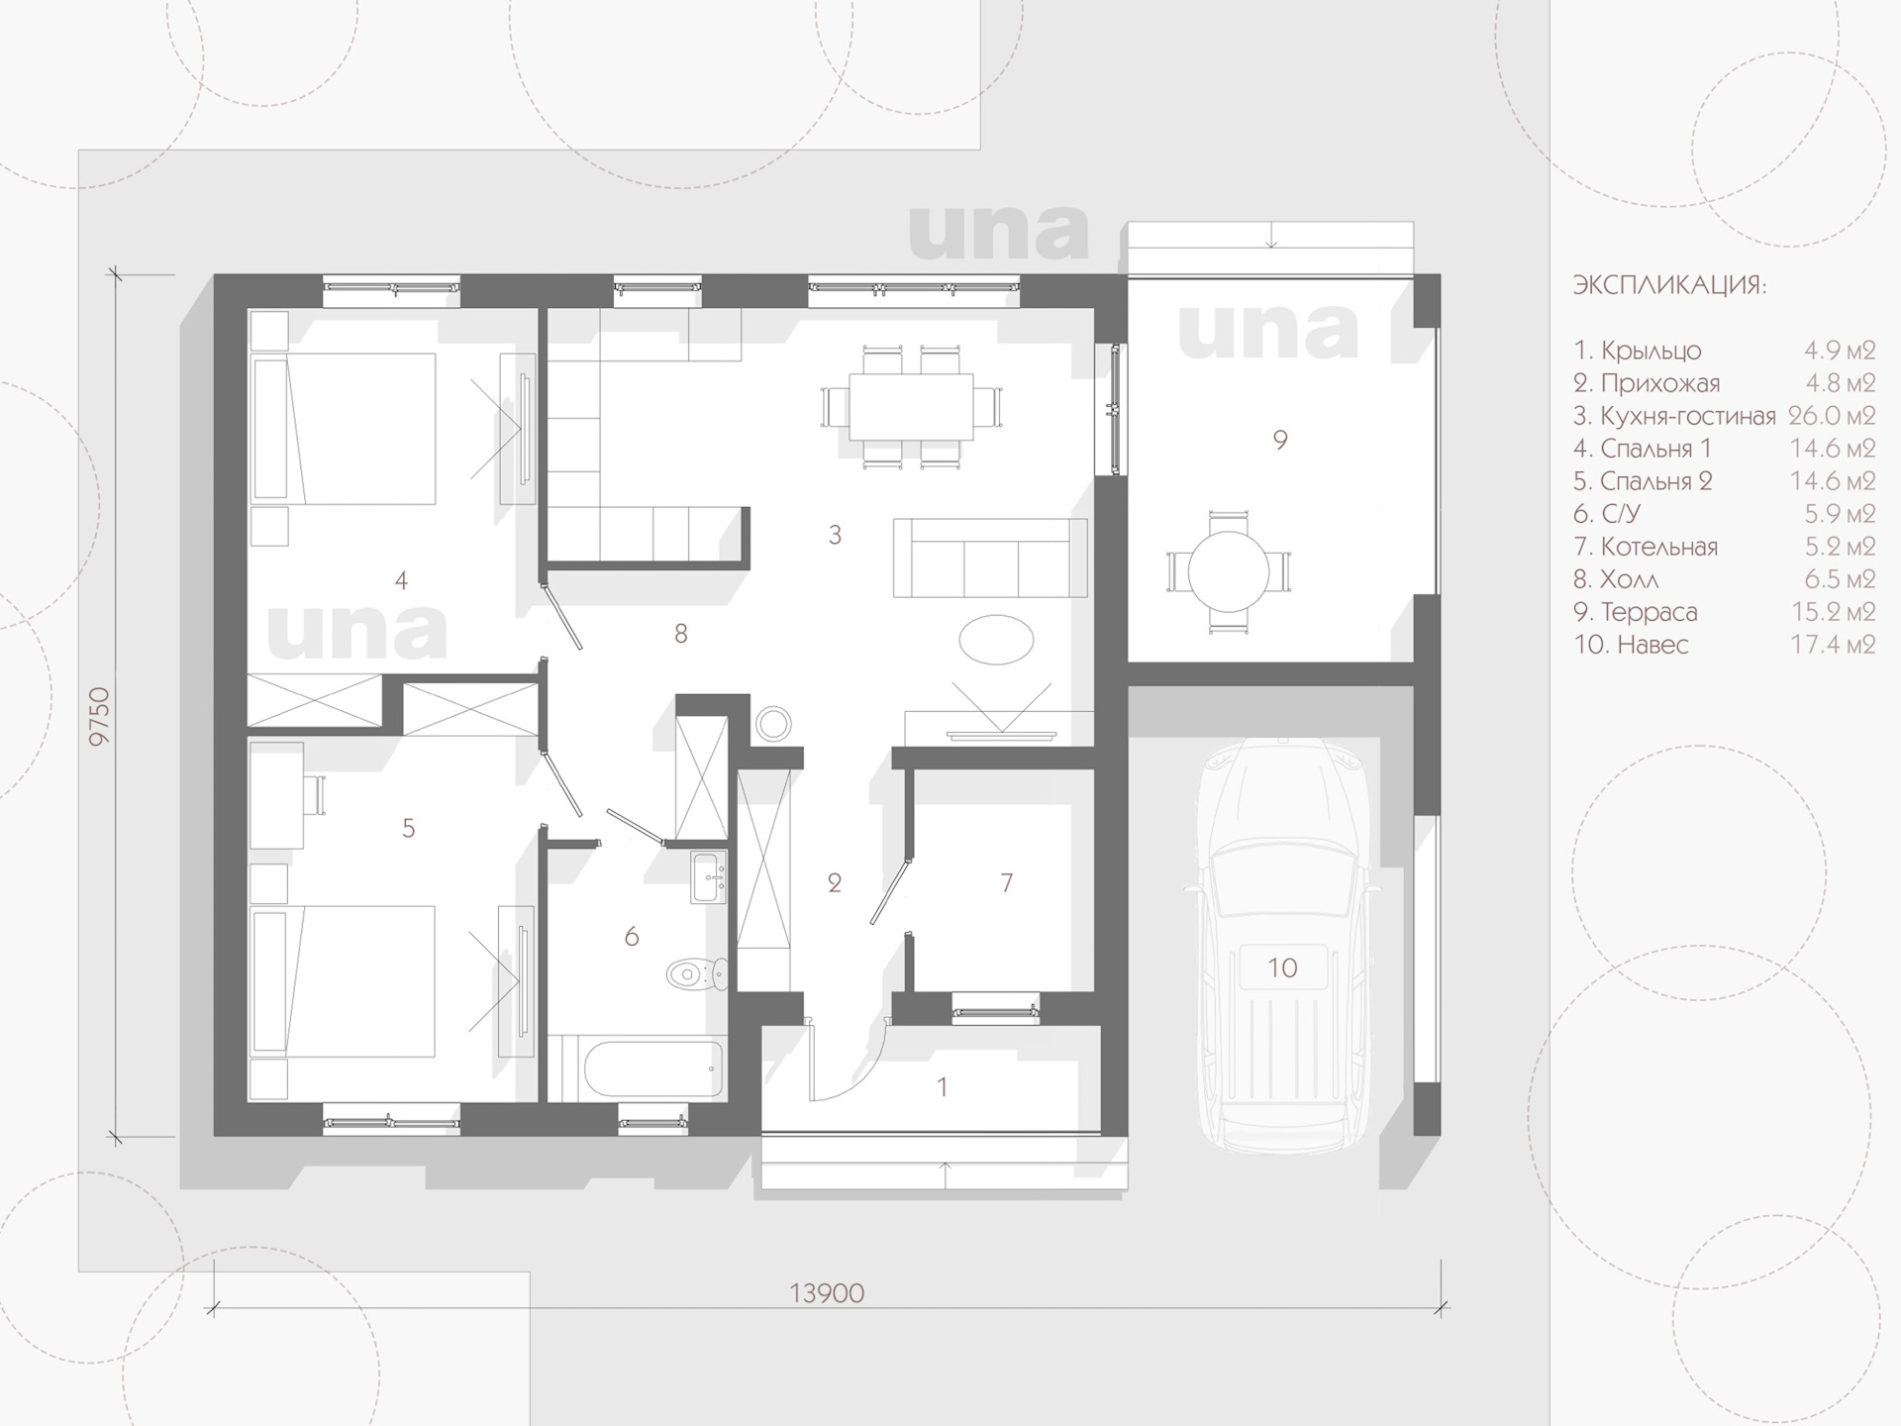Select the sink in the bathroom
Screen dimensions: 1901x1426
pos(709,877)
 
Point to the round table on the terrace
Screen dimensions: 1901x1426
pos(1229,571)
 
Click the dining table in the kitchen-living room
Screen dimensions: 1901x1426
pos(911,406)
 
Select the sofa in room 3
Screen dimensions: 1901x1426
pos(990,558)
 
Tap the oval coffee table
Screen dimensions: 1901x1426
pos(996,640)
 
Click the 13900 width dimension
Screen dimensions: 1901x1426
pos(827,1293)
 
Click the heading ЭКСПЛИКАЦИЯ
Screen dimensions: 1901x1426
pos(1669,286)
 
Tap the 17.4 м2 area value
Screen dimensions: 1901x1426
pos(1833,645)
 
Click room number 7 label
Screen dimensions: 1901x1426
pos(1007,882)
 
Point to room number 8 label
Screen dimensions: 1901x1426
pos(681,634)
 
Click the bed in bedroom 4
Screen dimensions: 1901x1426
pos(344,428)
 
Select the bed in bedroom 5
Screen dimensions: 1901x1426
pos(344,980)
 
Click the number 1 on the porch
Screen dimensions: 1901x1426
pos(943,1087)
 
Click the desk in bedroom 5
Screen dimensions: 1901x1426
pos(276,795)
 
